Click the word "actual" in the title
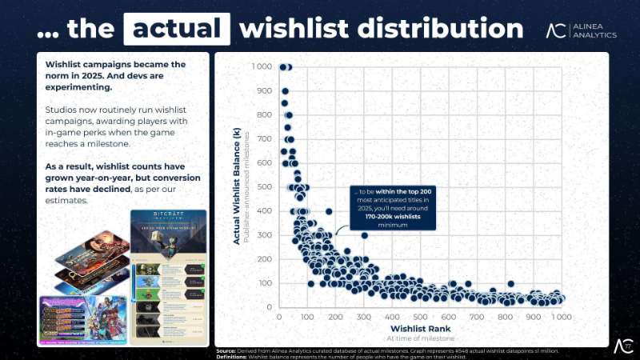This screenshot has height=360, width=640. click(176, 29)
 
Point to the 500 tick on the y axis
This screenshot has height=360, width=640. click(263, 187)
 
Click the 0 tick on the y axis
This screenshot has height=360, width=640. click(270, 307)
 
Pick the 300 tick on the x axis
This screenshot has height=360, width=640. click(363, 318)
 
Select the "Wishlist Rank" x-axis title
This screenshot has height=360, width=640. click(419, 328)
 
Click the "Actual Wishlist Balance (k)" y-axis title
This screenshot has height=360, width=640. click(238, 189)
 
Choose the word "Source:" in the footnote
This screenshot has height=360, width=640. click(227, 350)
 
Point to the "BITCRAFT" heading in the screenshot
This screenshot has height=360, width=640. click(168, 218)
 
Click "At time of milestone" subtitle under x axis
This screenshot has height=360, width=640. click(419, 338)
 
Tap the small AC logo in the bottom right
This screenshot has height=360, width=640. click(622, 346)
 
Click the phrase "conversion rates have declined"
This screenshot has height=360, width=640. click(121, 183)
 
